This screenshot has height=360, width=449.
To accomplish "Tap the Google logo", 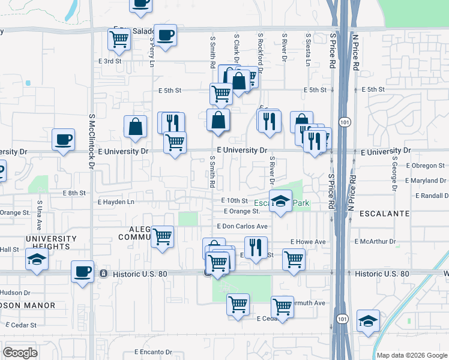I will pos(20,353).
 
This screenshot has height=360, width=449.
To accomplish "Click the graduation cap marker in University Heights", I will pos(37,260).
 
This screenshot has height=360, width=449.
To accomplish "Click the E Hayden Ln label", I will pos(116,202).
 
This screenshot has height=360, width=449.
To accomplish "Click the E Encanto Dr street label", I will pos(153,352).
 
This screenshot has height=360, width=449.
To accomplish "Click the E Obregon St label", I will pos(426,165).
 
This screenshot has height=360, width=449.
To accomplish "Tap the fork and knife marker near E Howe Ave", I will pos(256,246).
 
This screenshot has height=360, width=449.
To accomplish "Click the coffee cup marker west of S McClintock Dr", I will pos(63,140).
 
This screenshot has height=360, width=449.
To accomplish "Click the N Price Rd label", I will pos(355,52).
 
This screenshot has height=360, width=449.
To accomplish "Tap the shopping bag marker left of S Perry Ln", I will pos(136,126).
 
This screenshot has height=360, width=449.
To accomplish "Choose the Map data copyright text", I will pos(412,355).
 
